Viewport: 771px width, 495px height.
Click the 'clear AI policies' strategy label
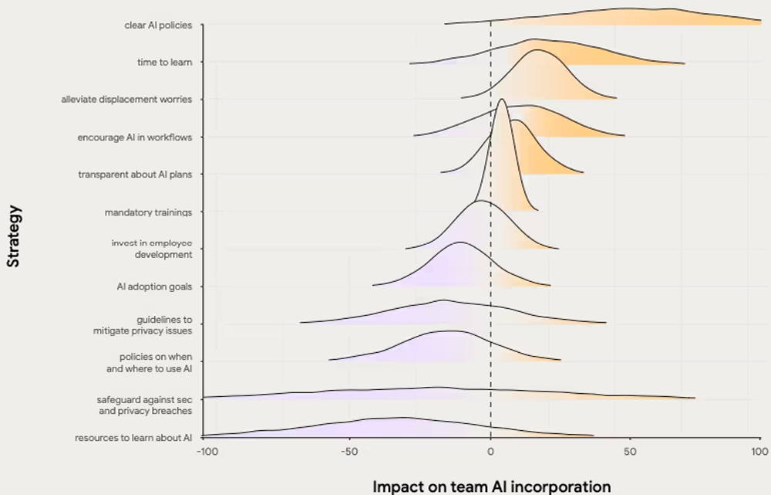click(158, 25)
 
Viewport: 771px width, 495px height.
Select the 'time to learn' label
click(164, 63)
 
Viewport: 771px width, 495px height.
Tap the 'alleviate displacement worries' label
click(126, 100)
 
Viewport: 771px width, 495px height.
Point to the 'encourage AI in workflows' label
click(134, 137)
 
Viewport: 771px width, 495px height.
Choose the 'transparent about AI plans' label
click(135, 175)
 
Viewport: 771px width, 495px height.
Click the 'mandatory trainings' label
click(148, 212)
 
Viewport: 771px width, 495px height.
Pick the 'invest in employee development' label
click(151, 249)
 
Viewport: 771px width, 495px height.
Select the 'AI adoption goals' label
click(154, 286)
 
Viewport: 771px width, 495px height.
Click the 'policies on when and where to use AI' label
click(150, 362)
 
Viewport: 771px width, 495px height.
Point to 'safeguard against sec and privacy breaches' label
click(144, 405)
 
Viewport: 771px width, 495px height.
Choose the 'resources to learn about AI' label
click(133, 438)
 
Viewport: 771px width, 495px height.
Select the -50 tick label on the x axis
click(348, 450)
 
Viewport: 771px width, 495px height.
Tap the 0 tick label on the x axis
click(490, 450)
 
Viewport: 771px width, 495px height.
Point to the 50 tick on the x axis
click(631, 450)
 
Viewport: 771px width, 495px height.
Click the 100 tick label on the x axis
click(760, 450)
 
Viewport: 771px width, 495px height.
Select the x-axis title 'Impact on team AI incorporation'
click(491, 487)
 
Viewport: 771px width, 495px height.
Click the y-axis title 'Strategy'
click(13, 236)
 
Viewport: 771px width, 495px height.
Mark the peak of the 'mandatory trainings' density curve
click(502, 99)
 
